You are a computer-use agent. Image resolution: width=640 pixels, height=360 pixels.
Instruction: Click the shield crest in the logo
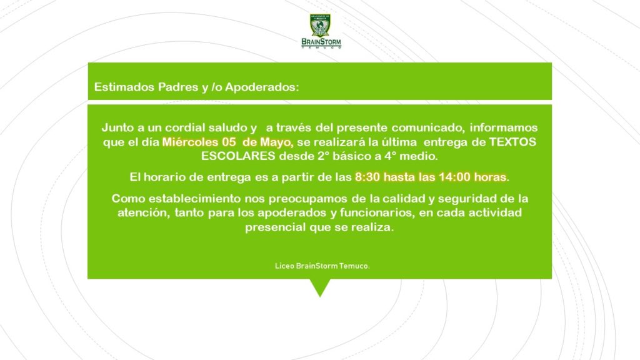(320, 26)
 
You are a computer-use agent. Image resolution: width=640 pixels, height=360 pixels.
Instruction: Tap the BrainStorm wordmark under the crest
(321, 42)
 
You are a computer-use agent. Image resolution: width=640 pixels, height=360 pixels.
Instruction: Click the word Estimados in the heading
(124, 87)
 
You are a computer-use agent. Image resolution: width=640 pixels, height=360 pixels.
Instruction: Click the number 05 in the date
(229, 142)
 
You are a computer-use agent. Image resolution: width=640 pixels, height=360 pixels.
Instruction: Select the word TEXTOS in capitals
(512, 142)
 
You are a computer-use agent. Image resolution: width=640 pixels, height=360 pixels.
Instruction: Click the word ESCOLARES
(238, 156)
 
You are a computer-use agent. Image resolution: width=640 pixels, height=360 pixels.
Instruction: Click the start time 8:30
(367, 177)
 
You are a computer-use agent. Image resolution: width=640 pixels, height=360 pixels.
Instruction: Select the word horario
(162, 177)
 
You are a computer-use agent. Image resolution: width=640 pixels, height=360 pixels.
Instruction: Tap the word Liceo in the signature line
(284, 266)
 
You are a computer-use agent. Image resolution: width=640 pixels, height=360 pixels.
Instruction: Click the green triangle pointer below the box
(320, 286)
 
